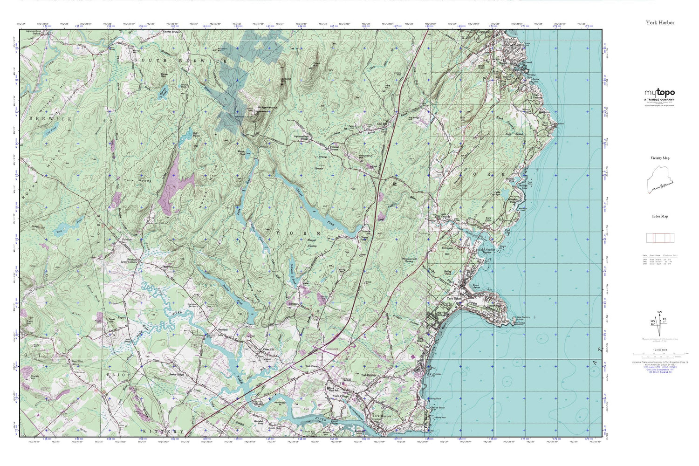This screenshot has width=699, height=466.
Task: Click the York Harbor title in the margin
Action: click(659, 22)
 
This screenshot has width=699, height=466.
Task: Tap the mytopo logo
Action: click(659, 93)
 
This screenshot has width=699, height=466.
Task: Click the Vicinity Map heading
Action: click(660, 158)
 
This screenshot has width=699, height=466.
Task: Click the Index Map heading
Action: click(660, 216)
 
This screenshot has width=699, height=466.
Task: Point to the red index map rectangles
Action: click(660, 238)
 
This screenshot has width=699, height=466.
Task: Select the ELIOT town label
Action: click(115, 374)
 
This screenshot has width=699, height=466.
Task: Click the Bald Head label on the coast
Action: click(545, 124)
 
